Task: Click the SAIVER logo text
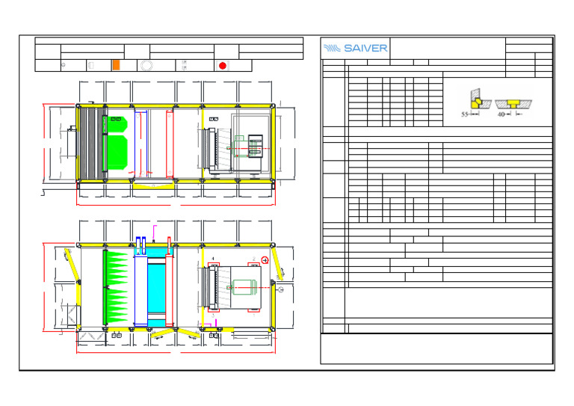(356, 48)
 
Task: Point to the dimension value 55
(464, 116)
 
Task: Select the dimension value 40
(501, 116)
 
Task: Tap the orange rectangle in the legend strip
(115, 66)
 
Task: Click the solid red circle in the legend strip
(222, 66)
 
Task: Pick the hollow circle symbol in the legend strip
(146, 66)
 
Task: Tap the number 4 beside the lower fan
(213, 258)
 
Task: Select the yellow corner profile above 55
(473, 101)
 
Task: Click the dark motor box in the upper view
(256, 145)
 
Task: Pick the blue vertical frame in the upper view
(147, 142)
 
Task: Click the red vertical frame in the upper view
(167, 142)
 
